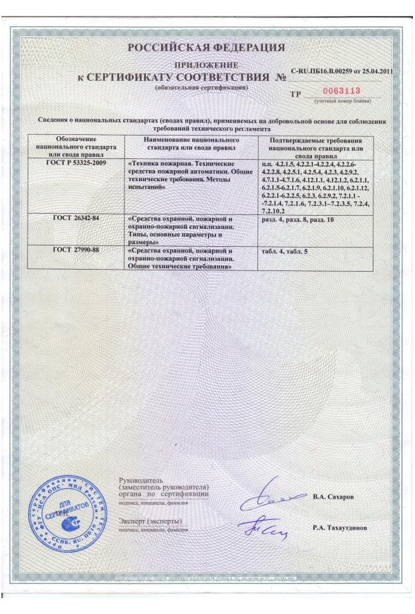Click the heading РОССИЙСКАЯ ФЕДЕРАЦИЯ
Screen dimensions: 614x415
point(206,48)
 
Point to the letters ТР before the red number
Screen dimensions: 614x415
point(295,93)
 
